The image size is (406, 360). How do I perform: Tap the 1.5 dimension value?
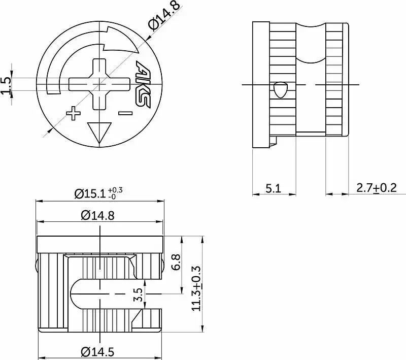click(x=7, y=85)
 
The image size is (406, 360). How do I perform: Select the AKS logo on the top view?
click(x=143, y=84)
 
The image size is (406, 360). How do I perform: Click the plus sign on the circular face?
click(x=73, y=113)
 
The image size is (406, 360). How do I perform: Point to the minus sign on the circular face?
click(x=125, y=113)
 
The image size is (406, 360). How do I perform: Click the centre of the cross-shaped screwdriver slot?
click(x=99, y=84)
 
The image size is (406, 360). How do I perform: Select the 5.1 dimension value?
click(x=273, y=188)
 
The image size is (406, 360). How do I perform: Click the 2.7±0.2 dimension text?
click(x=377, y=188)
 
